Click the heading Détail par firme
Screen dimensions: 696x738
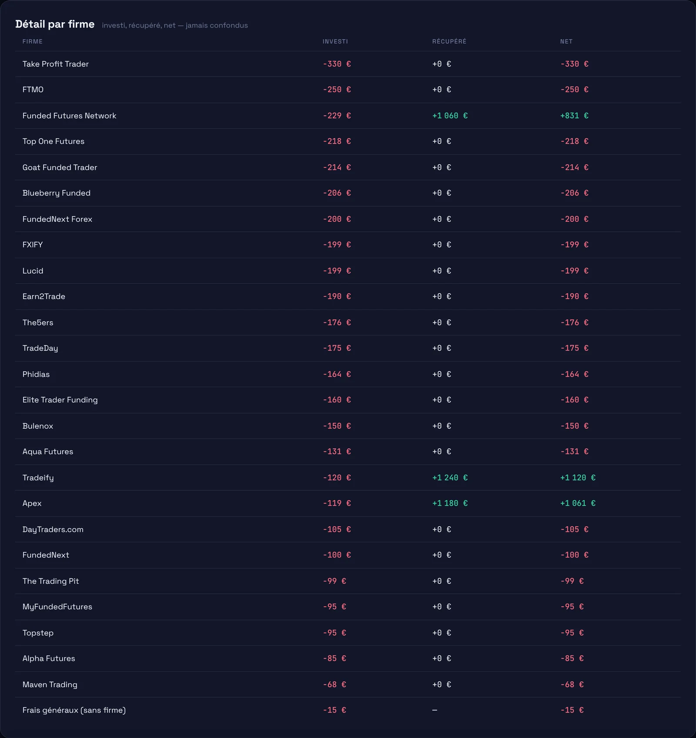(55, 24)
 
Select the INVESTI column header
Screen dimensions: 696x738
(335, 42)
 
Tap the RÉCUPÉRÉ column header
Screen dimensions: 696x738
(449, 41)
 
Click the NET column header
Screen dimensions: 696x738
(566, 42)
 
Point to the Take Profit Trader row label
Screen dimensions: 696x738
(56, 64)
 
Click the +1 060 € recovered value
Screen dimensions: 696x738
(450, 116)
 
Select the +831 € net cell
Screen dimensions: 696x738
(574, 116)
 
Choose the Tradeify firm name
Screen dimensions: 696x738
(38, 478)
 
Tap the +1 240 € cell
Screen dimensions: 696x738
(450, 478)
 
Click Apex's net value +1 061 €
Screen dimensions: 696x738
(578, 503)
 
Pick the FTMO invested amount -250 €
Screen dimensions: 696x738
(337, 90)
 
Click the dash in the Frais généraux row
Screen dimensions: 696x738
(435, 710)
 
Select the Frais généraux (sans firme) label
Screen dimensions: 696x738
(74, 710)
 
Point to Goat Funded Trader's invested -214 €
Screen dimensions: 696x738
(337, 167)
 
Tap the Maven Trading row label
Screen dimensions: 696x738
(50, 685)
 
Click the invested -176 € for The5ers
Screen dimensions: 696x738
(337, 323)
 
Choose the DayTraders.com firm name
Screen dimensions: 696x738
(53, 529)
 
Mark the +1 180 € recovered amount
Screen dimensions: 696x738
(450, 503)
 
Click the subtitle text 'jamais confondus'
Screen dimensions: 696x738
(217, 26)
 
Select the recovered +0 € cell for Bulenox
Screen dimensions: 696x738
(442, 426)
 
